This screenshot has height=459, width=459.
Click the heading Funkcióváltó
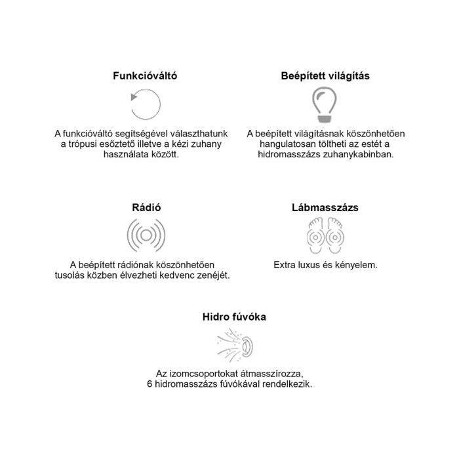coord(145,76)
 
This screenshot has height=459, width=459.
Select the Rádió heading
coord(145,208)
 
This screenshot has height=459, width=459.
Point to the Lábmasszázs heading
coord(325,208)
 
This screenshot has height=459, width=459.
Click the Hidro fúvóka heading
coord(234,317)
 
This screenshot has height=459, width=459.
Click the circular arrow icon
coord(146,104)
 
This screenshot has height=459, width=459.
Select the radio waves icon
coord(145,235)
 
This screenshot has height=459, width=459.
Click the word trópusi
coord(87,144)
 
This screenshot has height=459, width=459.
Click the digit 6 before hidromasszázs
coord(150,384)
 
